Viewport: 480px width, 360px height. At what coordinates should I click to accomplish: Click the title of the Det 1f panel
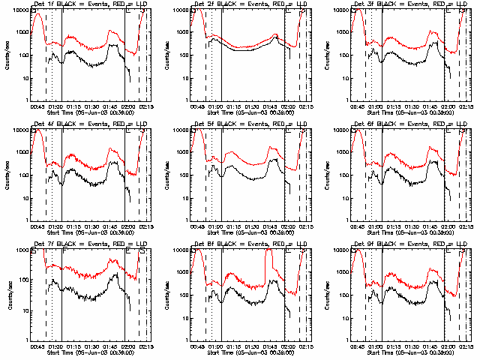[x=89, y=5]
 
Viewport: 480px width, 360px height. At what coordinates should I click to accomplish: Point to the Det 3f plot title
[x=409, y=5]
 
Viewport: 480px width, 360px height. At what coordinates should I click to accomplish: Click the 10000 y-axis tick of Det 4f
[x=20, y=130]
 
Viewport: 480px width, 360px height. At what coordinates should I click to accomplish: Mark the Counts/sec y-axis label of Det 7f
[x=6, y=295]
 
